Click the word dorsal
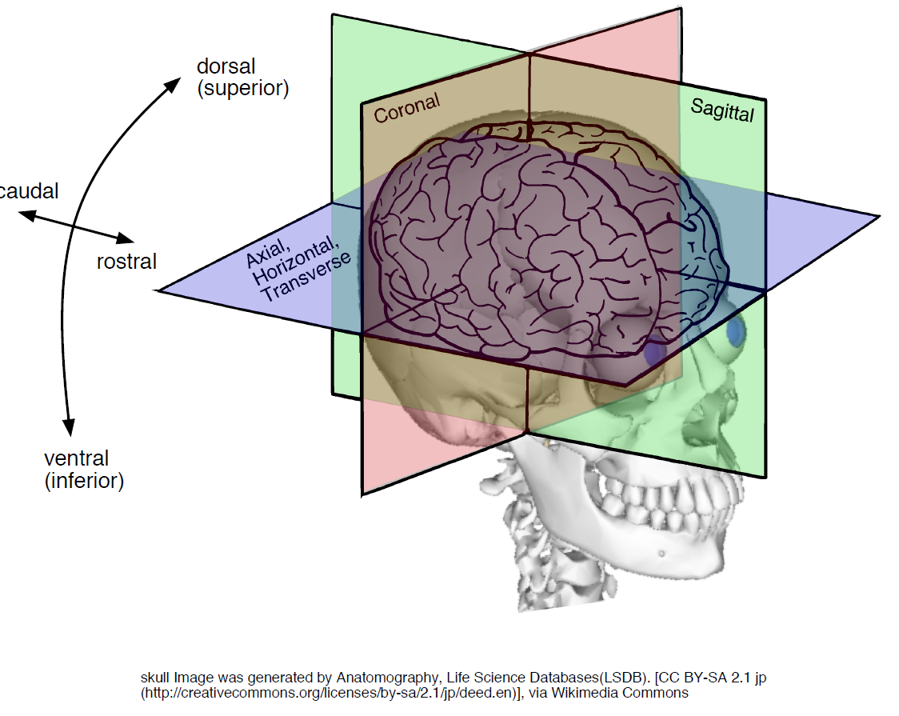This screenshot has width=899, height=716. point(226,66)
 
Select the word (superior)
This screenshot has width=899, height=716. point(243,88)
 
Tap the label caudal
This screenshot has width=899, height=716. point(29,191)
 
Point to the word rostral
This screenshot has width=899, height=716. point(126,262)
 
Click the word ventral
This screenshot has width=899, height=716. point(76,458)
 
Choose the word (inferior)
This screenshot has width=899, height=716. point(84,480)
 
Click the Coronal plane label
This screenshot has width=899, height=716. point(407,108)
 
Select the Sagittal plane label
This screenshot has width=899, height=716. point(722,110)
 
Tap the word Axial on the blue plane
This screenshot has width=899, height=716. point(268,253)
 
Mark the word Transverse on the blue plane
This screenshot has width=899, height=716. point(306,277)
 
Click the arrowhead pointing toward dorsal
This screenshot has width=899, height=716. point(173,86)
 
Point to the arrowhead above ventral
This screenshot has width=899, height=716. point(69,427)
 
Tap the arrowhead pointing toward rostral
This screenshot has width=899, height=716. point(125,238)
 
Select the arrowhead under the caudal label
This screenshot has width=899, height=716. point(27,215)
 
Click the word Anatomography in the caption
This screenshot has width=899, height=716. point(387,678)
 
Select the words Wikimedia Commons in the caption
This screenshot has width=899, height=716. point(620,693)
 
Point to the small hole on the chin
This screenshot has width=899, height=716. point(661,554)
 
